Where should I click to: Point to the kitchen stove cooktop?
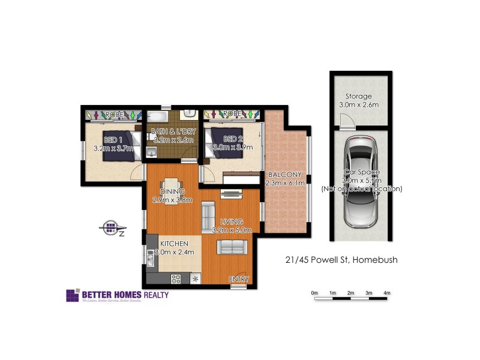[x=176, y=278]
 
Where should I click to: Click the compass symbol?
[x=110, y=227]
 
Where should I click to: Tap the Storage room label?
[x=358, y=96]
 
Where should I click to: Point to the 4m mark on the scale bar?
[x=387, y=293]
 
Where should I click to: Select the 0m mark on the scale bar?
[x=314, y=293]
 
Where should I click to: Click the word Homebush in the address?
[x=376, y=260]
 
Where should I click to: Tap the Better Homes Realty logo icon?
[x=72, y=296]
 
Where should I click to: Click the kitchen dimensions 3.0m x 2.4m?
[x=175, y=253]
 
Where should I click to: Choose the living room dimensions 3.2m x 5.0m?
[x=233, y=230]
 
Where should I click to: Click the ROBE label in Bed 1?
[x=114, y=114]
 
